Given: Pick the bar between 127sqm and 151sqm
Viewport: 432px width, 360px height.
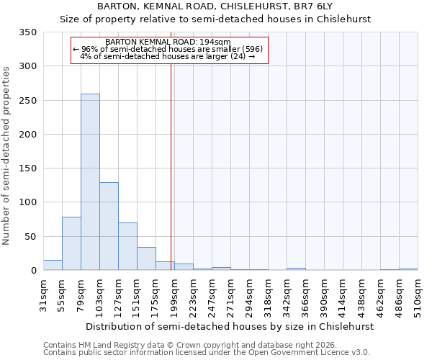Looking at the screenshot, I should tap(127, 246).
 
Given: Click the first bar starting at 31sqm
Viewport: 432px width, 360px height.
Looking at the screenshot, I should tap(53, 265).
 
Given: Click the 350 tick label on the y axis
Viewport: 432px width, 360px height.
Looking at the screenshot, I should tap(27, 32).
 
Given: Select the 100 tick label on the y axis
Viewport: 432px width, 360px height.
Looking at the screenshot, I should tap(27, 203).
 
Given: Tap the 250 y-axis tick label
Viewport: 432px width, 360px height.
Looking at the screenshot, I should tap(27, 101).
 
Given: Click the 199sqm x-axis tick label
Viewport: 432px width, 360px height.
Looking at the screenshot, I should tap(175, 295).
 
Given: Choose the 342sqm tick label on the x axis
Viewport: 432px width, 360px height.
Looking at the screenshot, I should tap(287, 295).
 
